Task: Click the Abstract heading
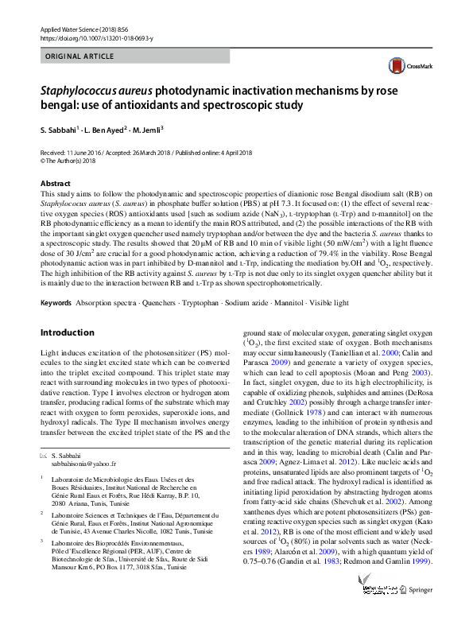tap(53, 183)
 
